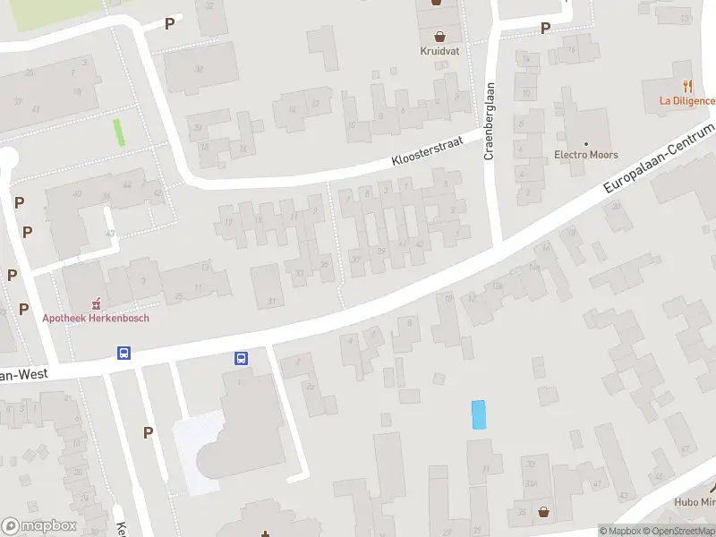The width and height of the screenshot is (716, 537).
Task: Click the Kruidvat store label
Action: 439,51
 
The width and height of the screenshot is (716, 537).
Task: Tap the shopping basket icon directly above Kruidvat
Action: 439,36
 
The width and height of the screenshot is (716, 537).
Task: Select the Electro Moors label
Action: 586,155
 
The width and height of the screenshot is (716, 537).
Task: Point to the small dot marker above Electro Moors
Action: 586,143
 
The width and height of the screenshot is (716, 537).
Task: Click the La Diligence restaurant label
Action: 687,100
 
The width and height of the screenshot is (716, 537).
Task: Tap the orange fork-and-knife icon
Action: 687,86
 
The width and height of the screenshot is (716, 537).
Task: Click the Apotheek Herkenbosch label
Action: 96,317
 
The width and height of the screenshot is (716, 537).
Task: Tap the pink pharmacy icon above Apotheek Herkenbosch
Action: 97,303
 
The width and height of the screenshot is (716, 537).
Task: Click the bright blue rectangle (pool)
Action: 479,414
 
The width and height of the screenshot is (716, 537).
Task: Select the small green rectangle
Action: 118,132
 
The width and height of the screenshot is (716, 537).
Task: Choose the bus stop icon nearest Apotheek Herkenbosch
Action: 124,353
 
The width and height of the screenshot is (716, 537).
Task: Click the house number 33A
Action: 532,483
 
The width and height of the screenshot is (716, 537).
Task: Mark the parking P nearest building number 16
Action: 545,29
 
